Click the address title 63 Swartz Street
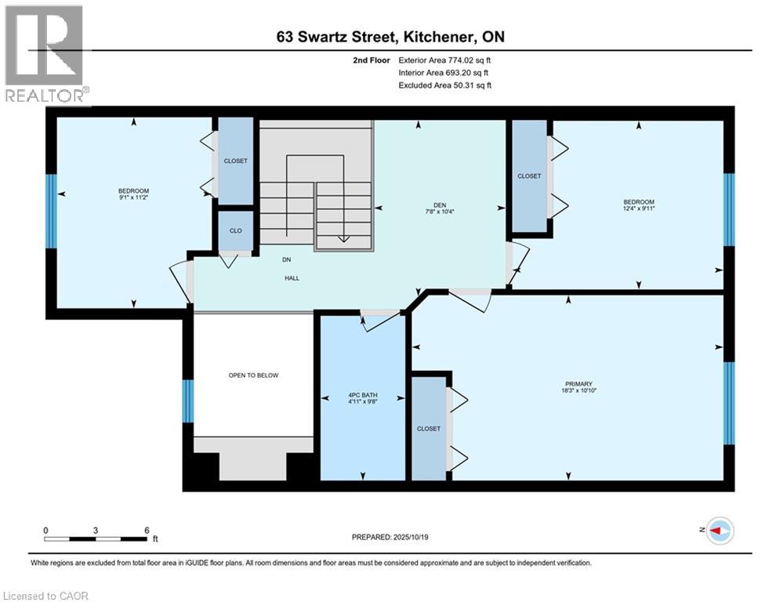390,37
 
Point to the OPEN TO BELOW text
253,375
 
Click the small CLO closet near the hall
235,231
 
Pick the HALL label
292,278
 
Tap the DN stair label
288,260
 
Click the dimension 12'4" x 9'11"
639,209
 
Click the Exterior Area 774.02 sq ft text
444,60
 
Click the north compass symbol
719,531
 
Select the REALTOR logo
45,55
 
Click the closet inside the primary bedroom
429,429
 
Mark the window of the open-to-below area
187,401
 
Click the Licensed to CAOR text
46,596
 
